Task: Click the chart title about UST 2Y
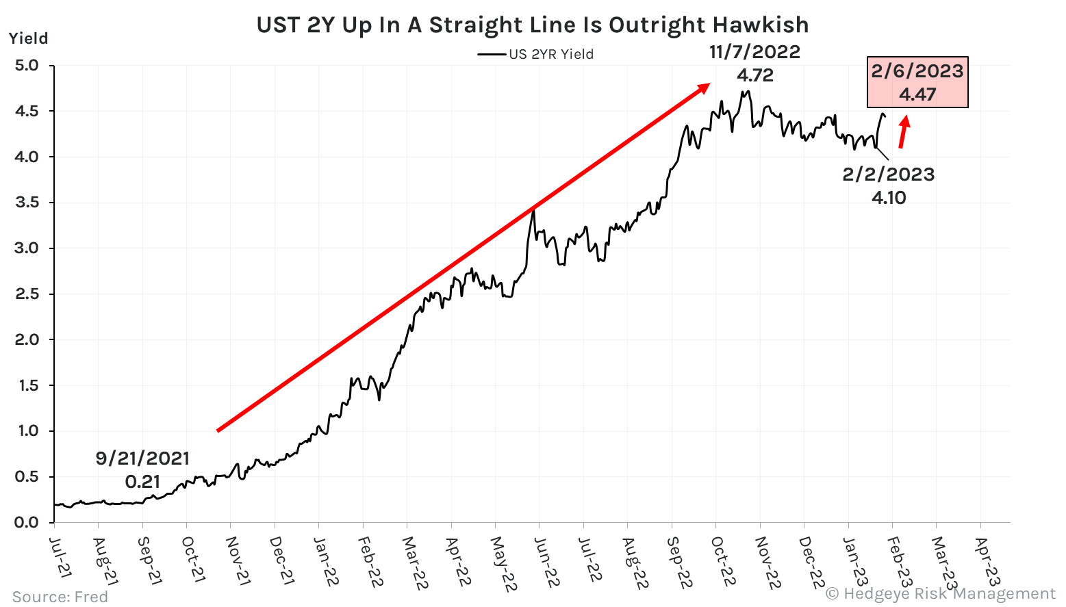(x=532, y=25)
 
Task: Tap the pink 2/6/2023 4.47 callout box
(x=917, y=82)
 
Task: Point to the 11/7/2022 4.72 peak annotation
(x=754, y=63)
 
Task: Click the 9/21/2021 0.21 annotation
(x=142, y=469)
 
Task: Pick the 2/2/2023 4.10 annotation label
(x=889, y=185)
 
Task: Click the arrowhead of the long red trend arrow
(x=703, y=87)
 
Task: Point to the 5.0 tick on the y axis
(x=27, y=66)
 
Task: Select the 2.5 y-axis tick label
(x=27, y=294)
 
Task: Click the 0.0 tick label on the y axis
(x=27, y=523)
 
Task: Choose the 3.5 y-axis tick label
(x=27, y=203)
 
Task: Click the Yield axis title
(x=29, y=38)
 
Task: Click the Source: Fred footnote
(x=60, y=597)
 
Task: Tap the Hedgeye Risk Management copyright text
(x=941, y=593)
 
